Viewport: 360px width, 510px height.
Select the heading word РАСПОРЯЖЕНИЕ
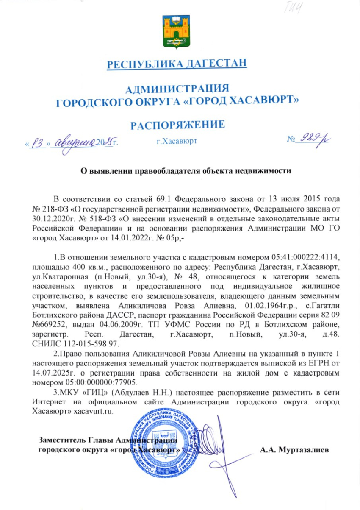click(177, 125)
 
